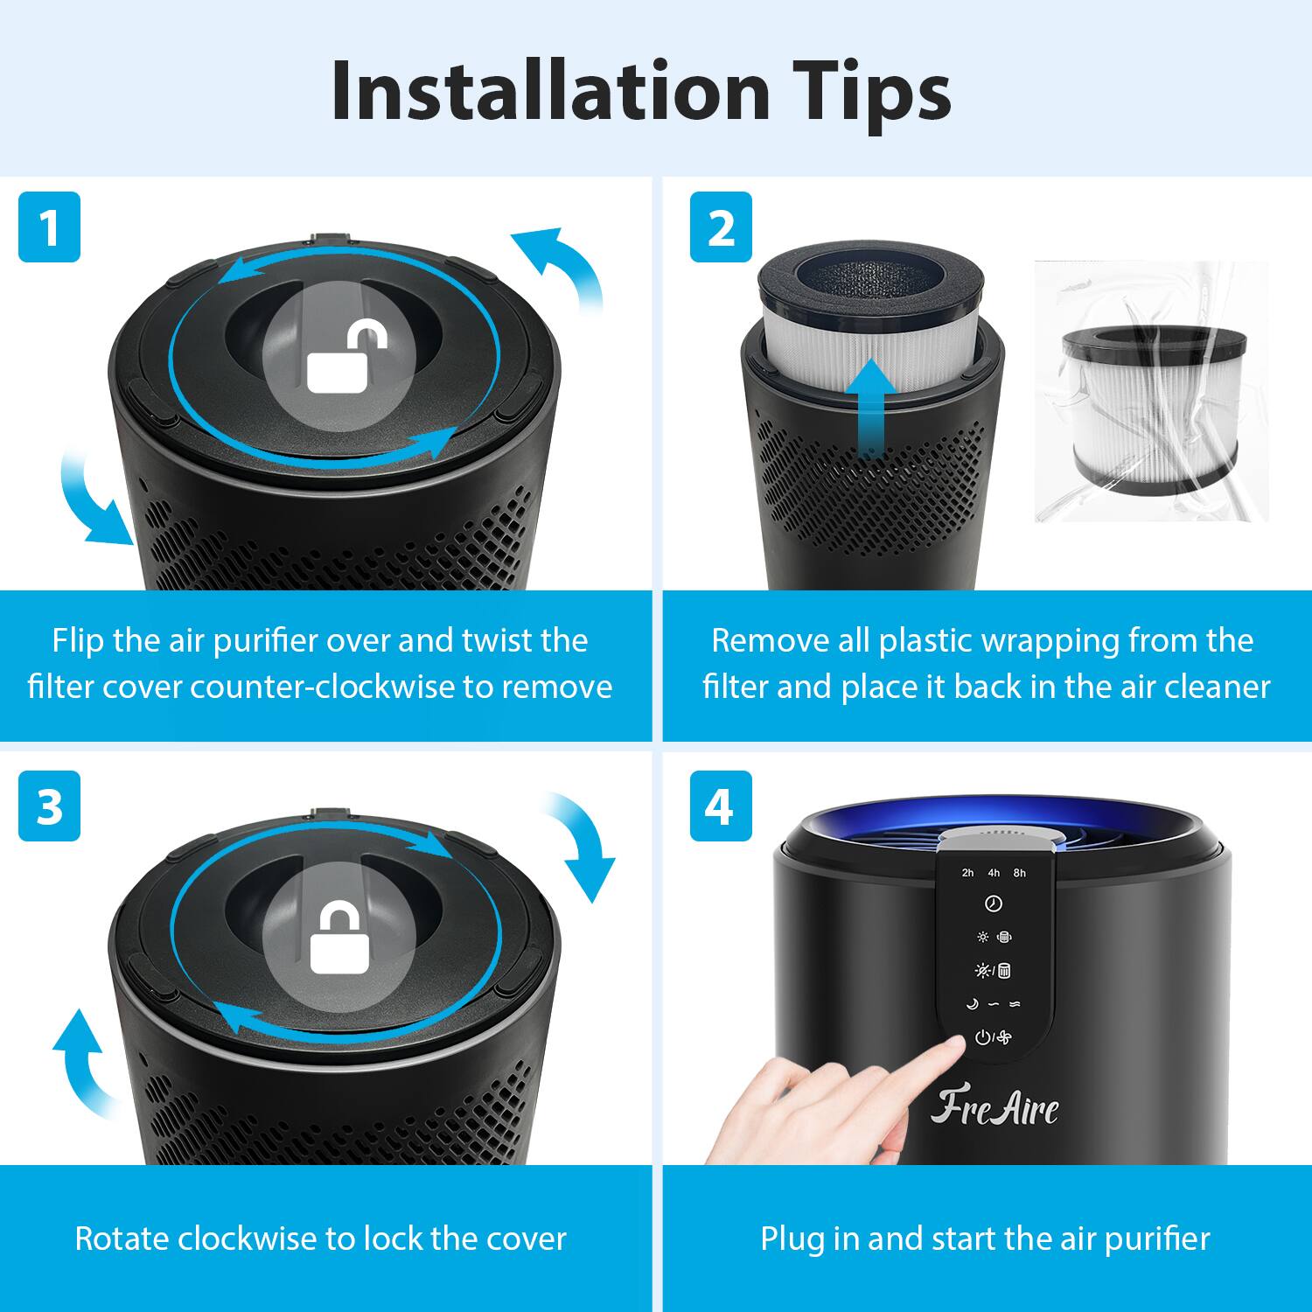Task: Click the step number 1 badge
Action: coord(49,227)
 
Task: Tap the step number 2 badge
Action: coord(721,227)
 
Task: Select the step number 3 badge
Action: coord(49,806)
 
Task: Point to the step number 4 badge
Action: coord(721,806)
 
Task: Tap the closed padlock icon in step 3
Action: coord(339,939)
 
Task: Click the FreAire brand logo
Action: coord(994,1107)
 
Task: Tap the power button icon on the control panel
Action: coord(983,1038)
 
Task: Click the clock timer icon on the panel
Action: coord(994,904)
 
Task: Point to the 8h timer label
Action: coord(1020,873)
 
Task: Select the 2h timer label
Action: coord(967,873)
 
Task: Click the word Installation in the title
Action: coord(550,91)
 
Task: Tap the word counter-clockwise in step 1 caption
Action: coord(323,687)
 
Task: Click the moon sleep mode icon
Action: coord(971,1004)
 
